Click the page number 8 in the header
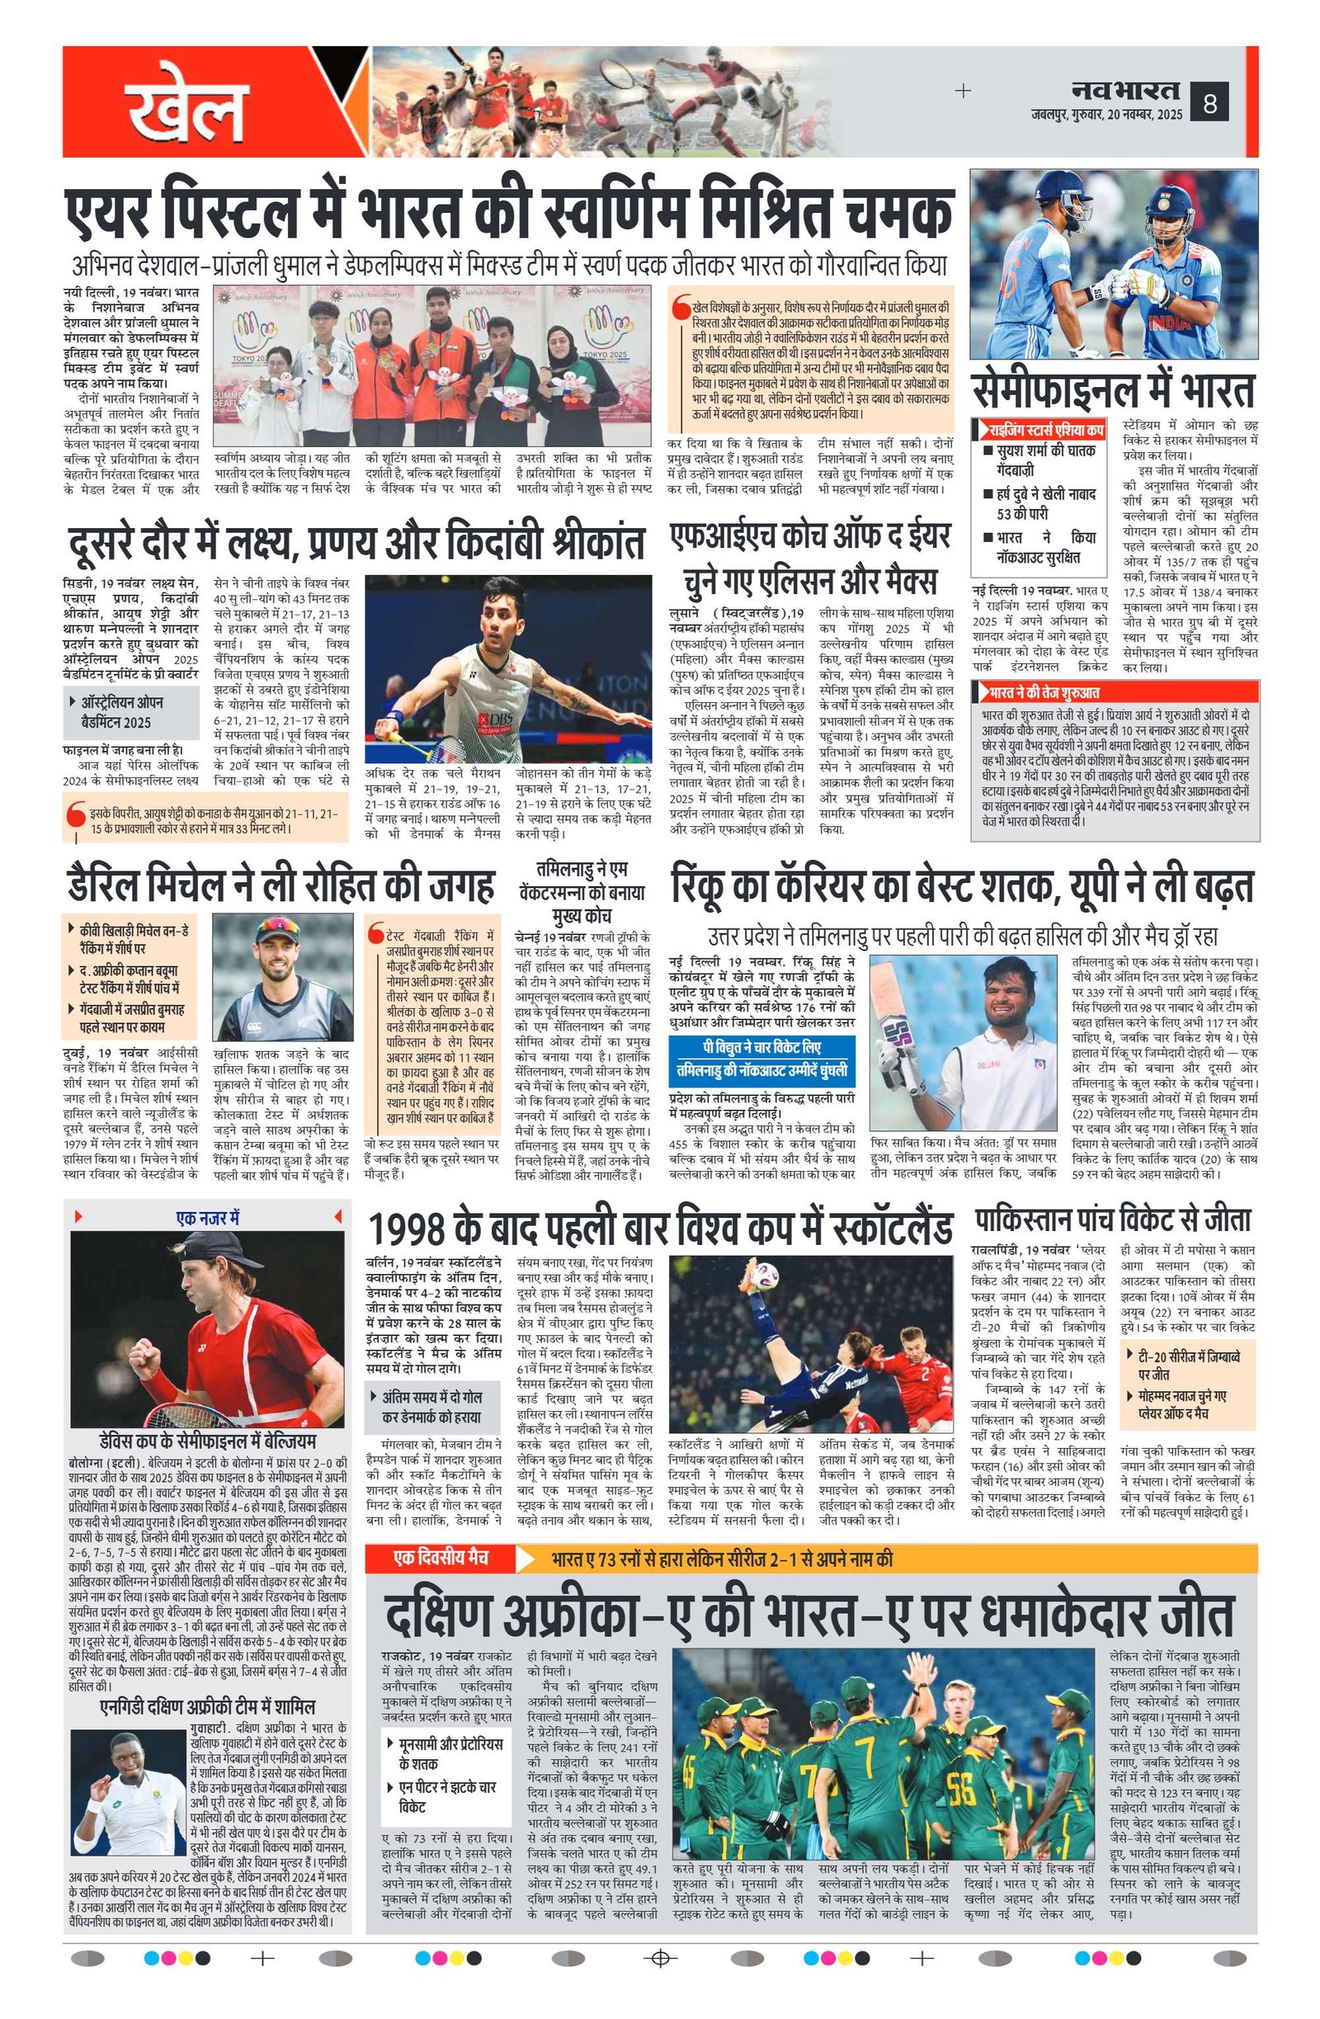[x=1209, y=105]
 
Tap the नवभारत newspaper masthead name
[x=1124, y=89]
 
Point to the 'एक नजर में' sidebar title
[x=209, y=1217]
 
